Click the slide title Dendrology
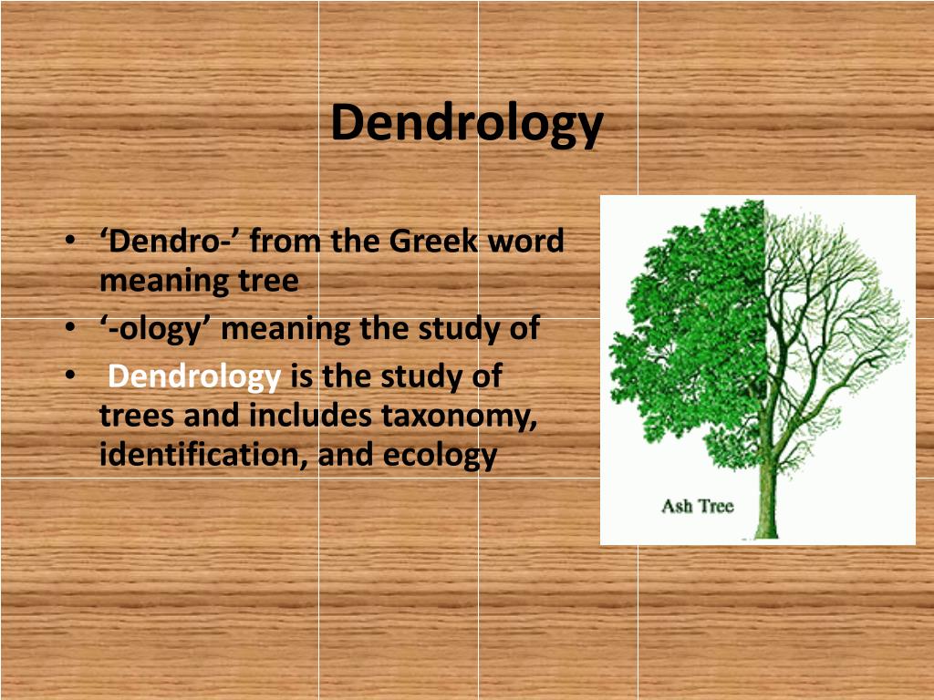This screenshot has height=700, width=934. [466, 123]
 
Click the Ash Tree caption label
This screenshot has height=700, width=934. [697, 505]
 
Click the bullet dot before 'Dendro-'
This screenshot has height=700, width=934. [70, 242]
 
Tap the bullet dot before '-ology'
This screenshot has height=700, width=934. [70, 328]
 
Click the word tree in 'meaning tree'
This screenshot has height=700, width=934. [269, 281]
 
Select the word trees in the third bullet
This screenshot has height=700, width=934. [137, 416]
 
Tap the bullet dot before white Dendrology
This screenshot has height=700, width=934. [70, 376]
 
